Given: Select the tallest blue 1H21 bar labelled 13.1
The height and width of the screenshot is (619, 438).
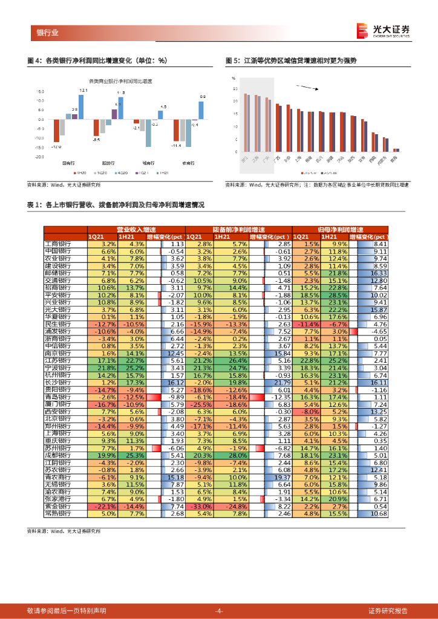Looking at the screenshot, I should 81,106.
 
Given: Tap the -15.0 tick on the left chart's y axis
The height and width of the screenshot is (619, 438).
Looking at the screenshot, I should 40,147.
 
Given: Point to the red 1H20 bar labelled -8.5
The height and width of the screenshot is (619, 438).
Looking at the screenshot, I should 96,128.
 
